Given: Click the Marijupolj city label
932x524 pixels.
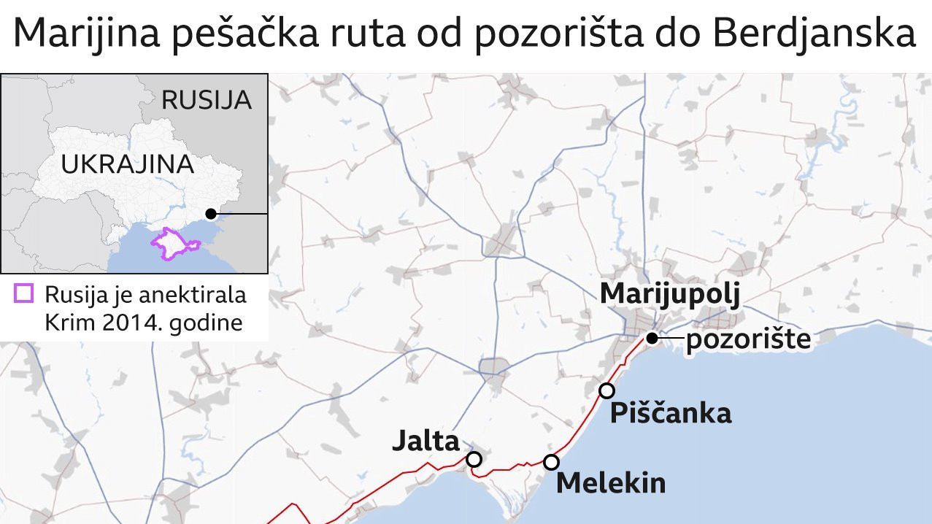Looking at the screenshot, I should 670,295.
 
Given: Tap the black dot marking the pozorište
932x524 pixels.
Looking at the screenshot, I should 652,338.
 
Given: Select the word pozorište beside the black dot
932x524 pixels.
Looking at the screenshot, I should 747,339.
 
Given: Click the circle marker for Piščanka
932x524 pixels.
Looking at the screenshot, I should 606,390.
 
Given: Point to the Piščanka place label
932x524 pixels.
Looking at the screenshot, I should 670,414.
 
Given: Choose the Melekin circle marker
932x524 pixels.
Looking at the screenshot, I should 551,462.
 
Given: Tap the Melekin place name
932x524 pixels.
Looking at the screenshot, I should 610,483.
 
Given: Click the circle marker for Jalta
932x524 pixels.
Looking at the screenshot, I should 474,459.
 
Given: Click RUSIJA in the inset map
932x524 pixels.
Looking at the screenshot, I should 206,100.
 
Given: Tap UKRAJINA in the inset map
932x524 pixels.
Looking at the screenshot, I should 127,164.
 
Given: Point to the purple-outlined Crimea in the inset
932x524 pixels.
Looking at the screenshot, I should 169,243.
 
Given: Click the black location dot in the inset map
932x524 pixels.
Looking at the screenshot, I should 211,214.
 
